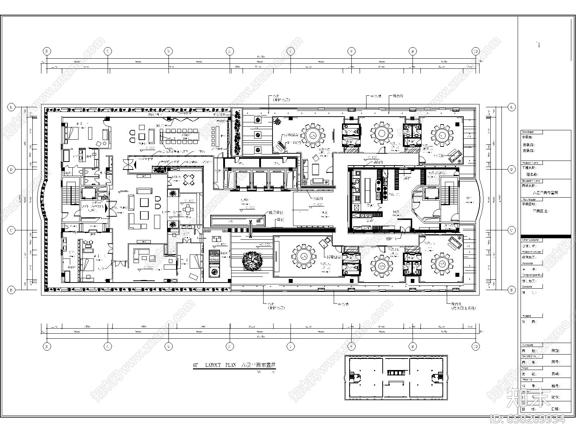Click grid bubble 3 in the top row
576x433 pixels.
coord(46,51)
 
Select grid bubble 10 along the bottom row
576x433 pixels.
coord(476,346)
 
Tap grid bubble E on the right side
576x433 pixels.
coord(512,107)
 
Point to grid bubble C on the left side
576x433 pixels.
coord(12,230)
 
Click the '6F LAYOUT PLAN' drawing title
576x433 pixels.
coord(234,365)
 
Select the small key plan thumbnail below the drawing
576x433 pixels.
coord(396,377)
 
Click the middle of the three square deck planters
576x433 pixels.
coord(257,135)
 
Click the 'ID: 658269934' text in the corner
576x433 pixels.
coord(528,419)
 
